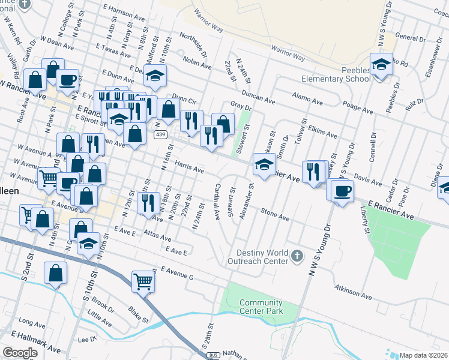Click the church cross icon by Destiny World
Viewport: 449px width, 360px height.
pyautogui.click(x=296, y=257)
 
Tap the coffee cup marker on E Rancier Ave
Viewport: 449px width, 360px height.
pyautogui.click(x=342, y=191)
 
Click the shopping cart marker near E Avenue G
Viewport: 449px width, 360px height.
pyautogui.click(x=143, y=280)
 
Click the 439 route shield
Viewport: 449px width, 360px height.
pyautogui.click(x=160, y=134)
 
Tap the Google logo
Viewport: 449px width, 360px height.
pyautogui.click(x=20, y=353)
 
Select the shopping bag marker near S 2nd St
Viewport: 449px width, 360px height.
pyautogui.click(x=55, y=273)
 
